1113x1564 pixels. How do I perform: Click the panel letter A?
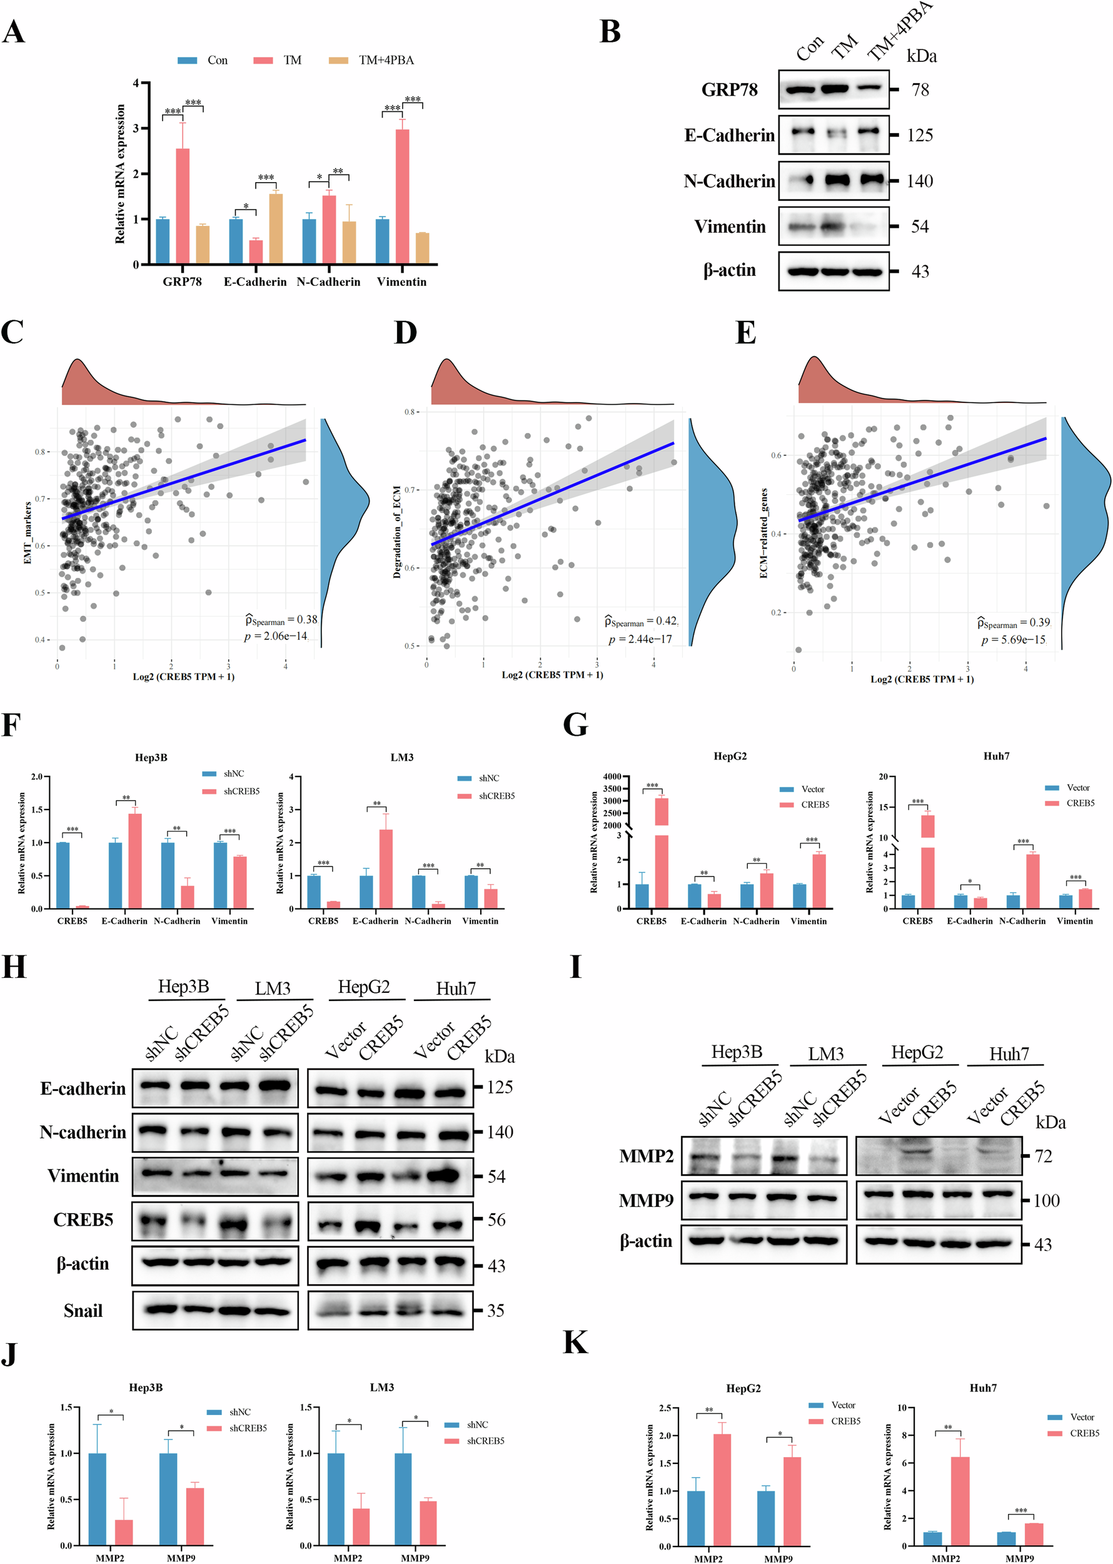click(14, 33)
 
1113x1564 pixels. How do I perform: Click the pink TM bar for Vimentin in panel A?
click(402, 196)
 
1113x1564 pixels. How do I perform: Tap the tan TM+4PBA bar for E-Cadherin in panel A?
click(276, 229)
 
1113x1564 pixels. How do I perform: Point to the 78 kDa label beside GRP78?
click(920, 90)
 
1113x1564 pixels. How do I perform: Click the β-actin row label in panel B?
click(729, 271)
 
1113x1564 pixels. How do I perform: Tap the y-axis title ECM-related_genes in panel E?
click(763, 533)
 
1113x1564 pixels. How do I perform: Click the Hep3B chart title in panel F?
click(151, 758)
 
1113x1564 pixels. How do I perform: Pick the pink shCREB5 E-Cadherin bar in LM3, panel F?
click(386, 869)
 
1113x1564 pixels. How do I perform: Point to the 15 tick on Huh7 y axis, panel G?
click(884, 807)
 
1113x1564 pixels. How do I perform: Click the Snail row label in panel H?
click(83, 1311)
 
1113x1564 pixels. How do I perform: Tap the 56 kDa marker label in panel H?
click(496, 1220)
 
